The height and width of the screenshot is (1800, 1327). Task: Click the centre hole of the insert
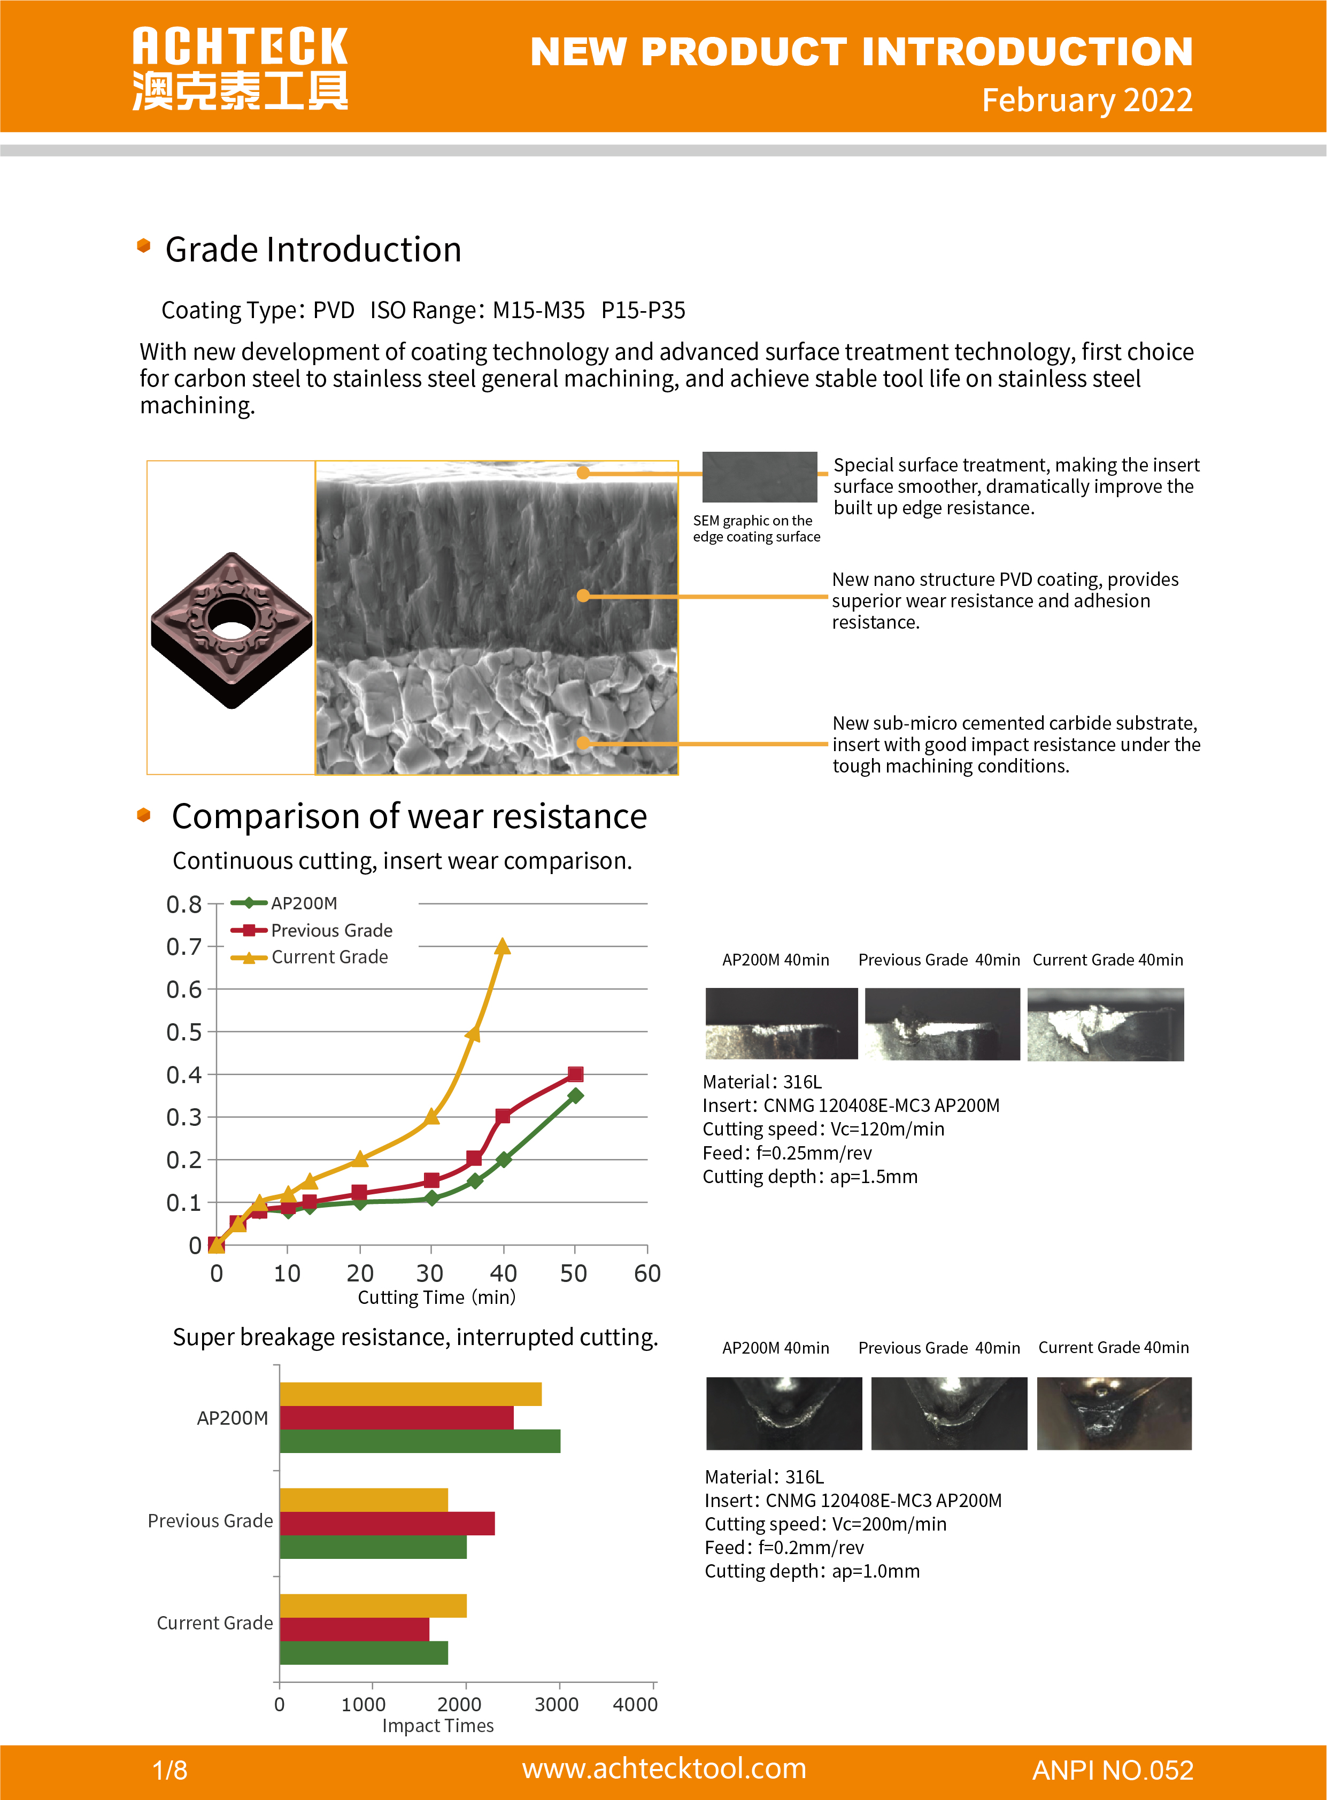pos(232,619)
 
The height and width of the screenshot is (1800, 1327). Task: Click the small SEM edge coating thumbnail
pos(759,476)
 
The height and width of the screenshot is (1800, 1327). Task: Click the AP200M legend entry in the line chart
pos(304,903)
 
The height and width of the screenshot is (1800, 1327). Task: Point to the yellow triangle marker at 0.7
pos(502,947)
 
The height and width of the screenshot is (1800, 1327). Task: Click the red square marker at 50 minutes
pos(575,1074)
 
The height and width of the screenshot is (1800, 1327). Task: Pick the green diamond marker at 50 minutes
pos(575,1095)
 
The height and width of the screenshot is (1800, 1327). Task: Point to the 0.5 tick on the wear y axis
pos(183,1032)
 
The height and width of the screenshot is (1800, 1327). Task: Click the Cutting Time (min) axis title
pos(436,1297)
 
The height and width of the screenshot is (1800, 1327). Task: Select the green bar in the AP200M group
pos(419,1441)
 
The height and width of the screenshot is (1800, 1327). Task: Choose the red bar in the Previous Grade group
pos(387,1524)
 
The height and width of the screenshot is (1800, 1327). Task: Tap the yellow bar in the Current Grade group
pos(373,1605)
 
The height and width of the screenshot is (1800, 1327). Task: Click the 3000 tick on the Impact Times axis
pos(557,1704)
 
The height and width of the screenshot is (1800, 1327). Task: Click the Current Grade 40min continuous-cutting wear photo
pos(1105,1024)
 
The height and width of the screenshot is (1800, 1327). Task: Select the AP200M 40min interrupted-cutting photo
pos(783,1413)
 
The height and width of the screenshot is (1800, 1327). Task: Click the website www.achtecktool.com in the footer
pos(663,1768)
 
